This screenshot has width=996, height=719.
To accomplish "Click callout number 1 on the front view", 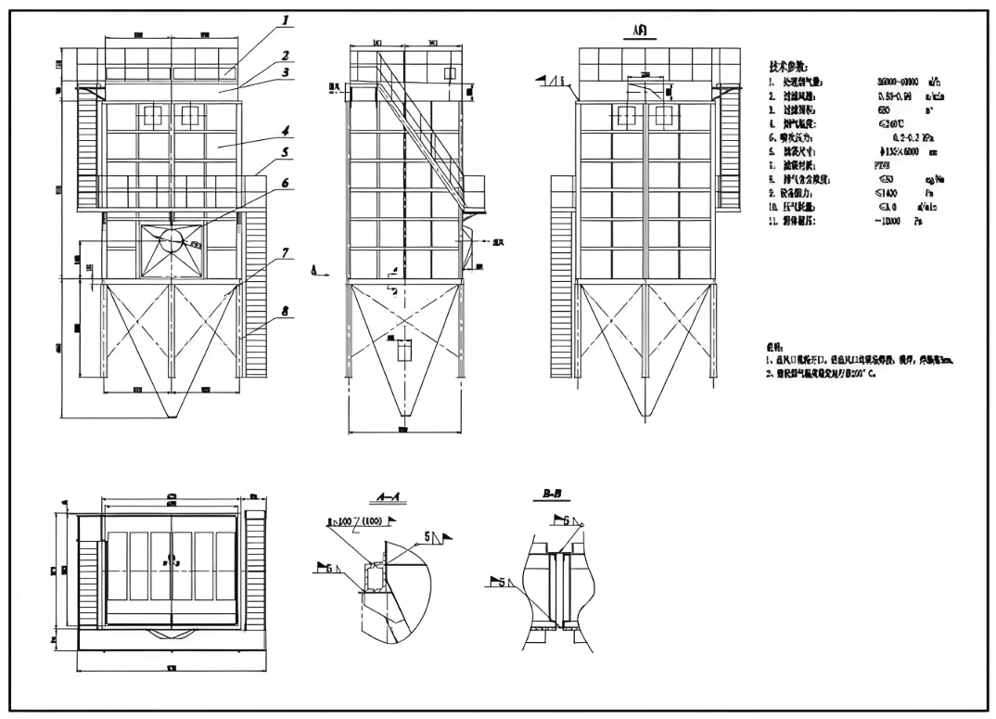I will (x=287, y=19).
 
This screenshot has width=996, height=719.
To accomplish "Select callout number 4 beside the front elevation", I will (x=287, y=131).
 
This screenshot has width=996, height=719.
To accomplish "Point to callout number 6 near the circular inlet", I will (x=287, y=183).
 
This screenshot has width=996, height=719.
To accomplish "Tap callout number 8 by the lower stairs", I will (x=287, y=312).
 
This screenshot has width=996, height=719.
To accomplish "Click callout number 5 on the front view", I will (x=287, y=151).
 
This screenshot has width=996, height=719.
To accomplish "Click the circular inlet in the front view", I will (x=172, y=241).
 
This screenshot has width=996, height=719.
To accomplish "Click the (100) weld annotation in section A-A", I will (x=370, y=523).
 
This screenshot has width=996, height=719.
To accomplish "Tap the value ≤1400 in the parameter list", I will (x=888, y=193).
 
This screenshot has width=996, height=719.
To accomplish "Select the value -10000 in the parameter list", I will (x=891, y=222).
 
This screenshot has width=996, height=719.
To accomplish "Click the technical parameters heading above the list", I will (x=788, y=67).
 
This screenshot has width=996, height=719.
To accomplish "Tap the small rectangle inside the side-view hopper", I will (x=404, y=351).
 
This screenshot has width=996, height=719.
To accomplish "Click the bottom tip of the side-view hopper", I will (x=404, y=415).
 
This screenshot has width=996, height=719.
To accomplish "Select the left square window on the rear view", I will (x=627, y=115).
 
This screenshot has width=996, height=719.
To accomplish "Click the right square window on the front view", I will (x=190, y=115).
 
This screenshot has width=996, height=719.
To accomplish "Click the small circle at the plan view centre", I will (x=172, y=559).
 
